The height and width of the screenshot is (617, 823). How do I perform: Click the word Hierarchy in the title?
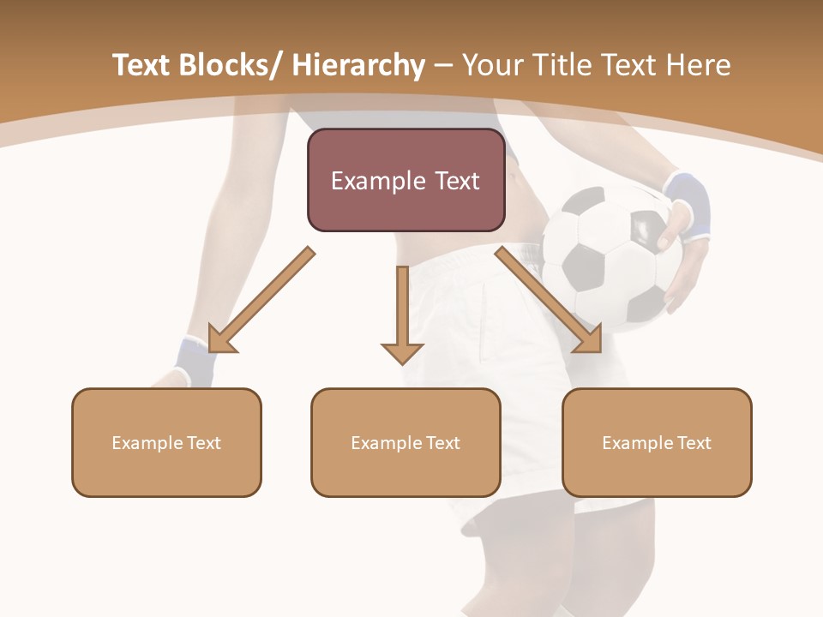coord(358,66)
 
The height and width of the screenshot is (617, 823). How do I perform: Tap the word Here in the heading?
coord(700,66)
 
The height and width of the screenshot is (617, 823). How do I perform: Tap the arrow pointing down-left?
coord(257,301)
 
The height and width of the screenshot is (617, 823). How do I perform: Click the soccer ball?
coord(610,257)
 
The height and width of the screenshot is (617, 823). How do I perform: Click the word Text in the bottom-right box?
coord(694,443)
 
